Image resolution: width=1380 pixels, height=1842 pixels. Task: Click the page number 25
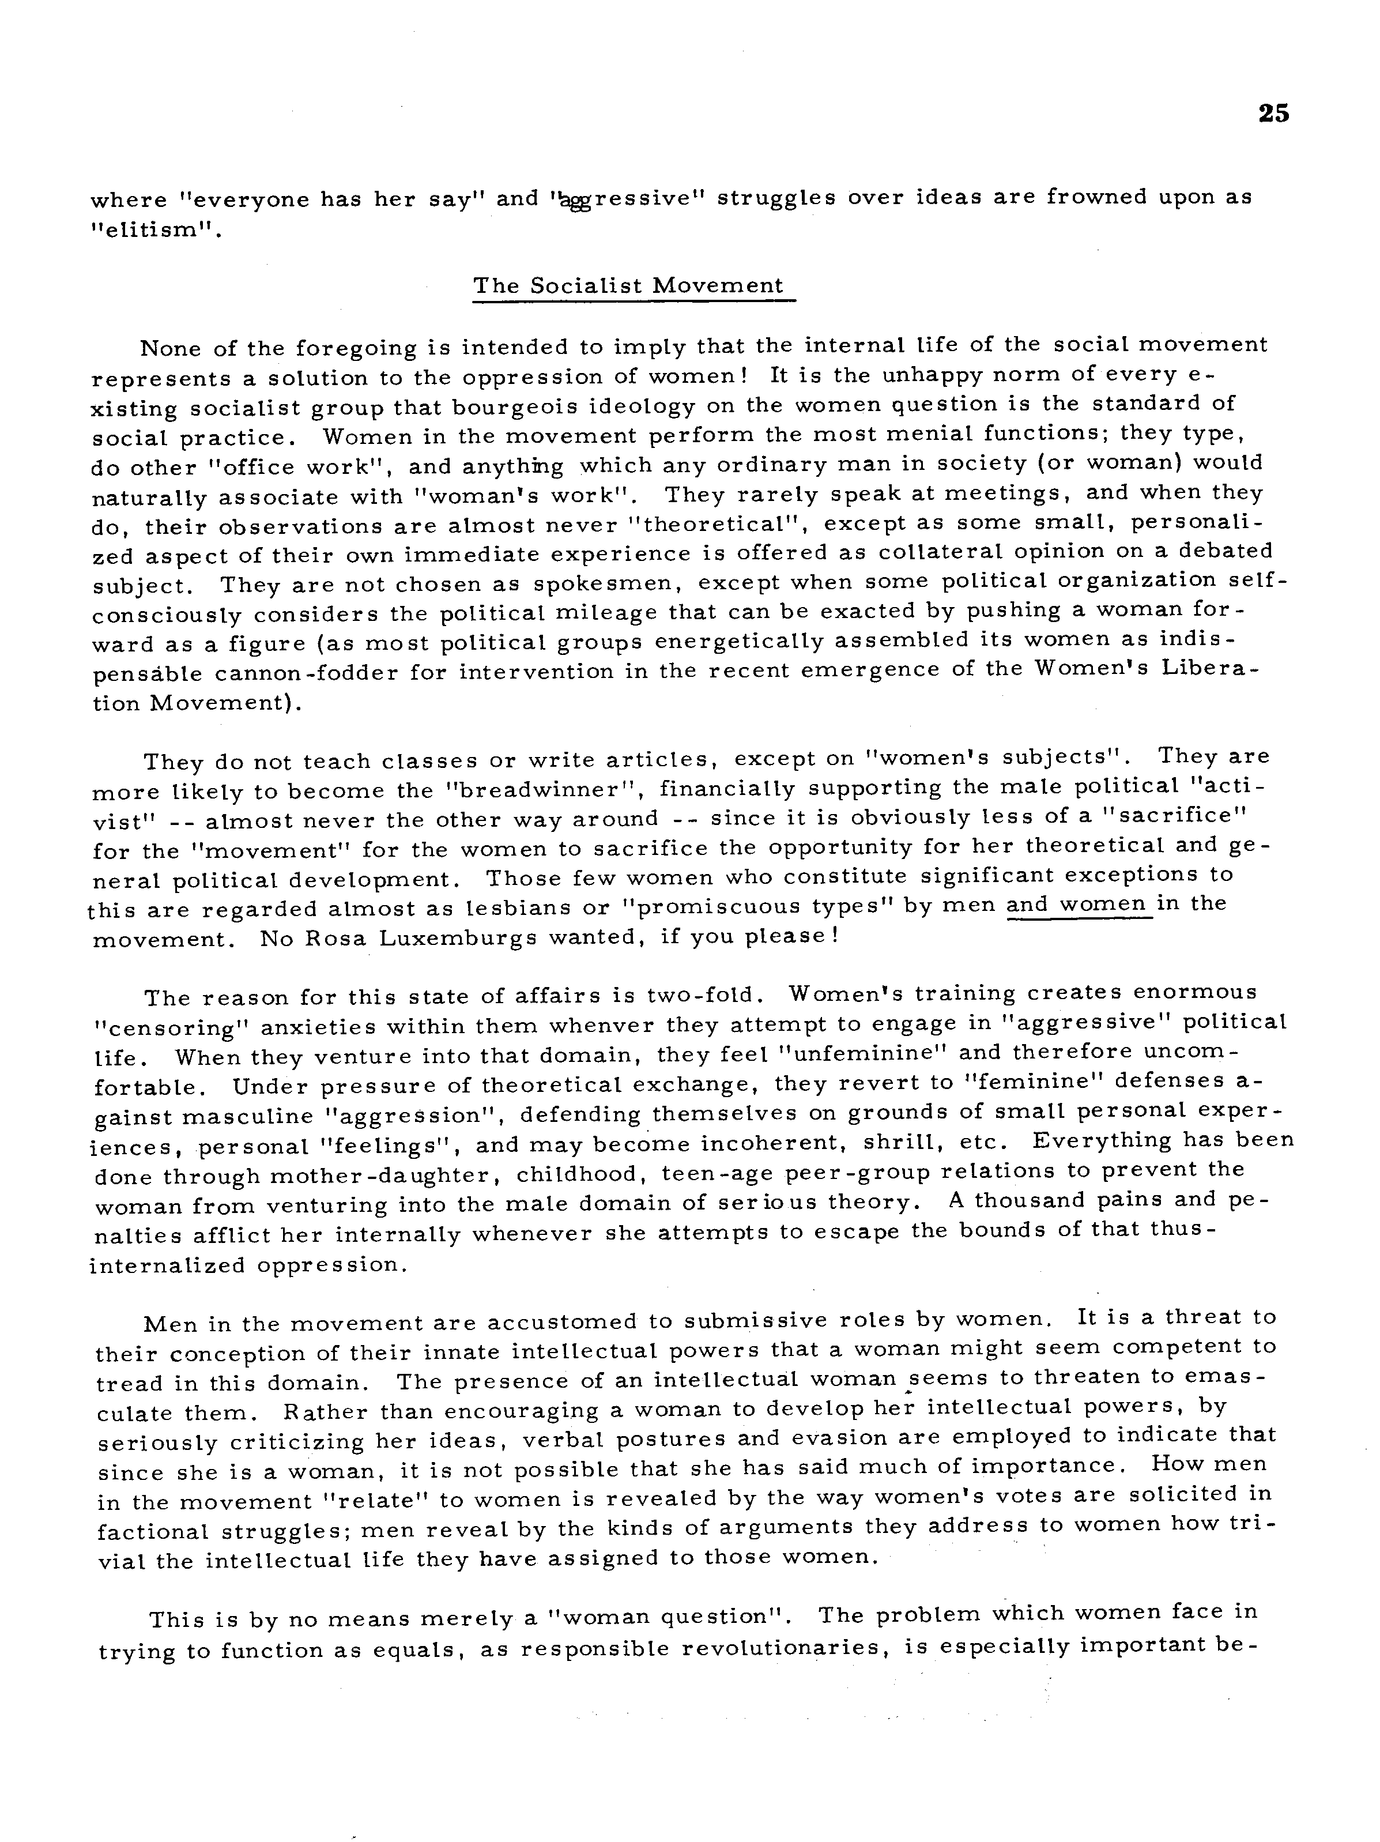point(1273,113)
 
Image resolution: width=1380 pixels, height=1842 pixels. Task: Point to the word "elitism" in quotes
point(157,230)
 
